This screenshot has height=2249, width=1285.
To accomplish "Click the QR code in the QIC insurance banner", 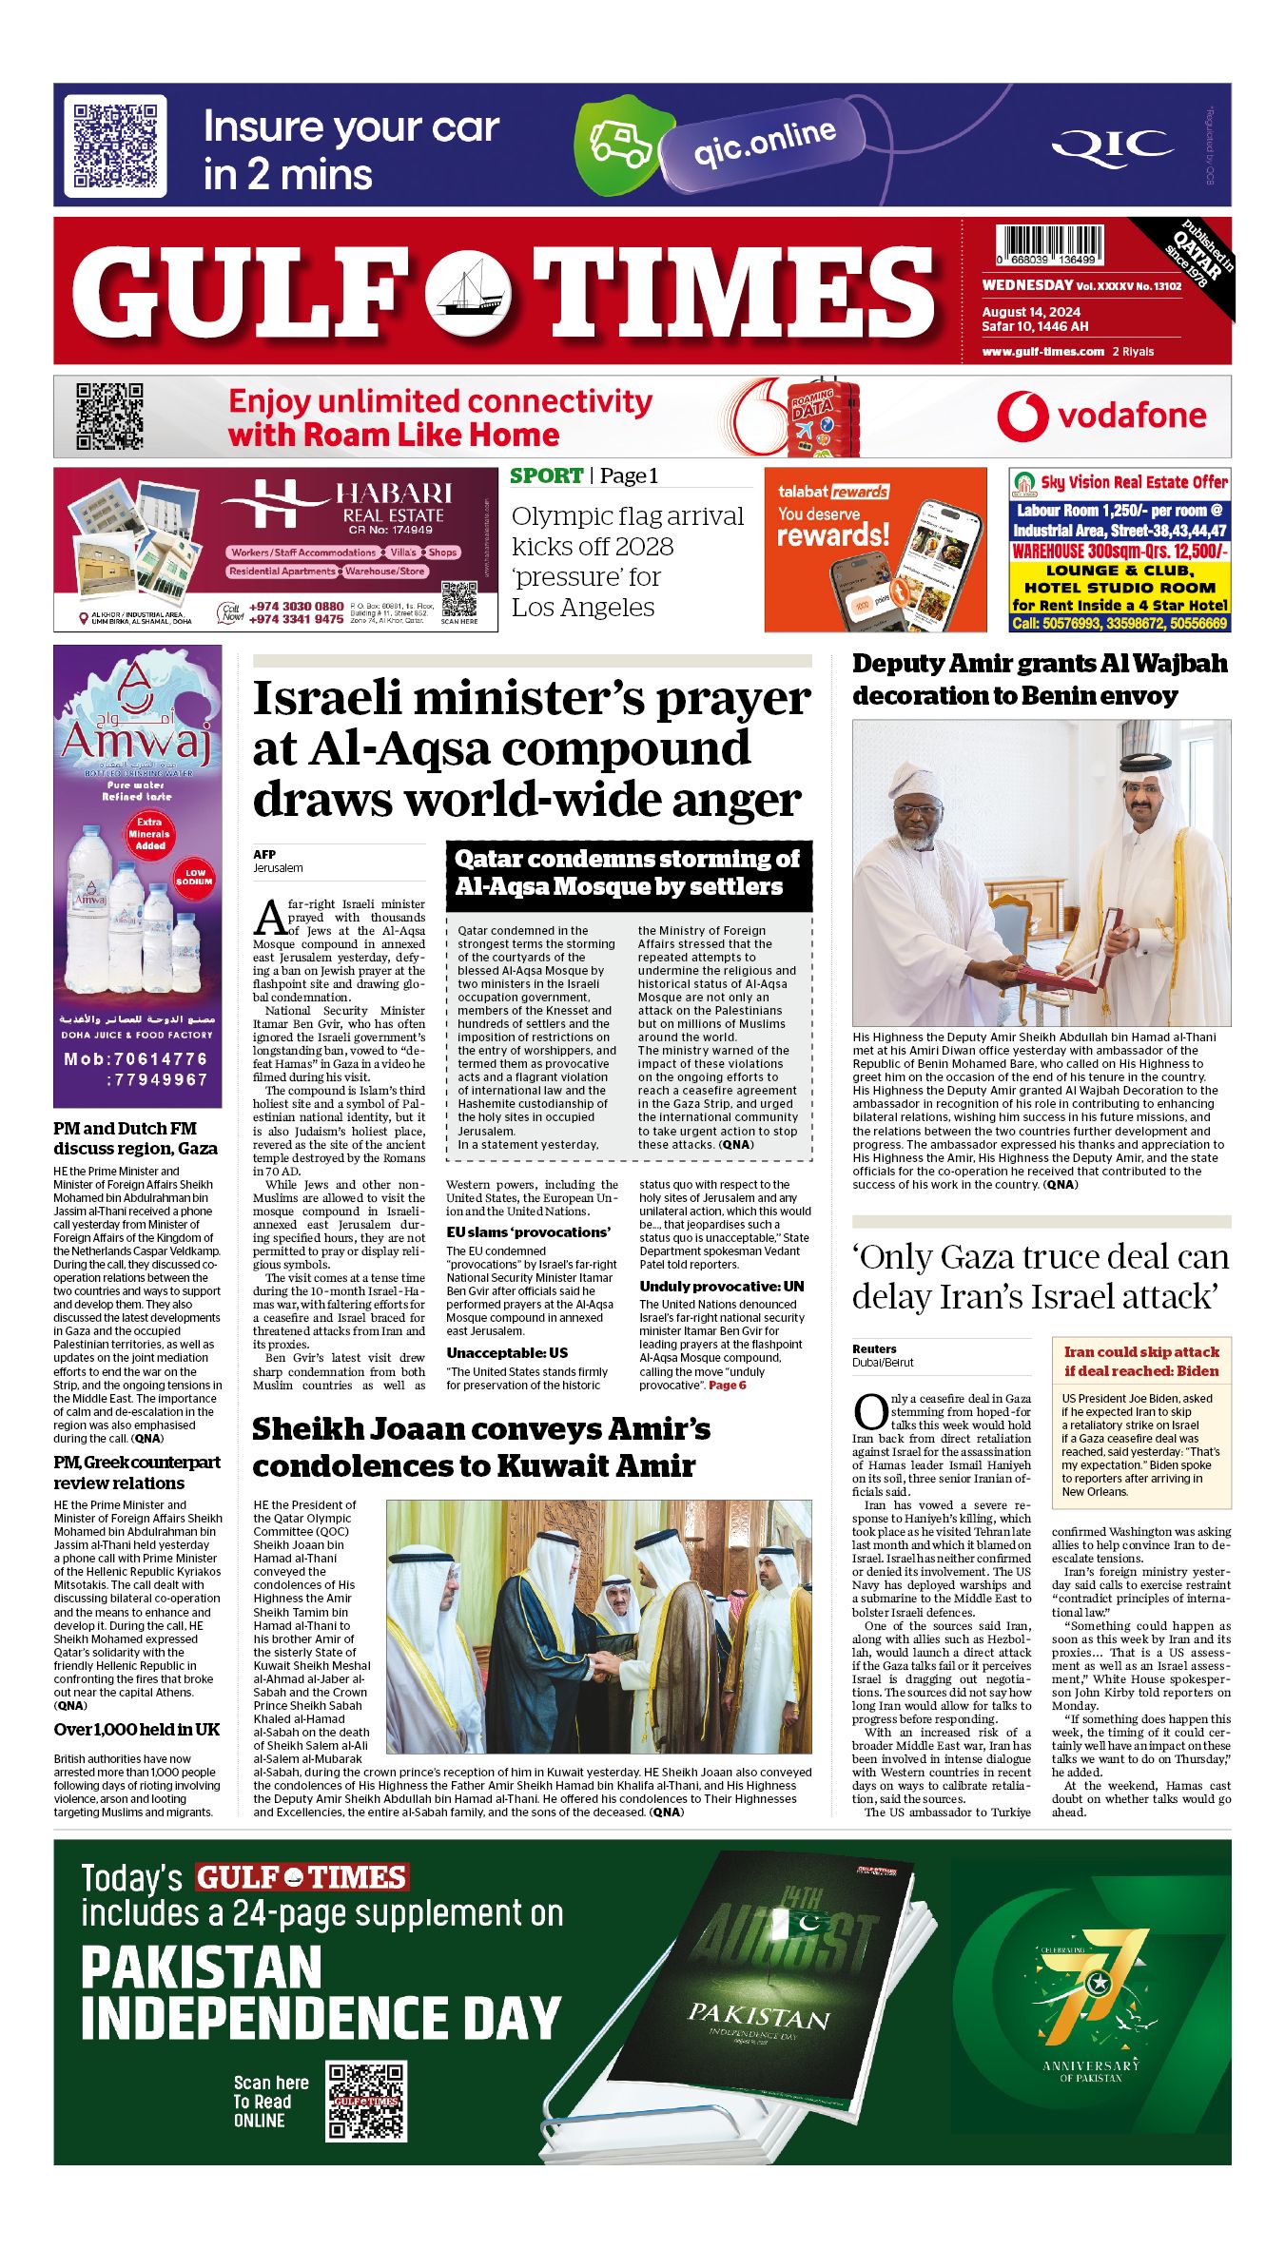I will (x=115, y=145).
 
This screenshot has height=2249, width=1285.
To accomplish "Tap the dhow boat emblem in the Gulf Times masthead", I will (x=467, y=291).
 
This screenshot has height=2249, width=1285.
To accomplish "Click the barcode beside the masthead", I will (x=1049, y=245).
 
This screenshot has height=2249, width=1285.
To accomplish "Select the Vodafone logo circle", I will (x=1022, y=417).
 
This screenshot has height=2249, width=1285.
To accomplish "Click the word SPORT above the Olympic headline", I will (x=547, y=475).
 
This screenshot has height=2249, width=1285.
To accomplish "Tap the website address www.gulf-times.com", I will (x=1042, y=352).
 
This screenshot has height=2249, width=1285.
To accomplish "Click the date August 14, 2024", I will (x=1031, y=312).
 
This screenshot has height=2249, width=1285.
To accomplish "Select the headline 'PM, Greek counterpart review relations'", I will (x=137, y=1472).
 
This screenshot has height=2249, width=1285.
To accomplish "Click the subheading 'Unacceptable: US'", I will (x=507, y=1352).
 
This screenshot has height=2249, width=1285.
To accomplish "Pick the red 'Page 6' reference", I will (x=728, y=1386).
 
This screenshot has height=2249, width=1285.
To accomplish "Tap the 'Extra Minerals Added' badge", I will (x=149, y=833).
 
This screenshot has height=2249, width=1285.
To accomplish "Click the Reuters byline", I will (x=874, y=1348).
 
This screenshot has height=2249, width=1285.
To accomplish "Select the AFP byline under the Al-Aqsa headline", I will (x=264, y=854).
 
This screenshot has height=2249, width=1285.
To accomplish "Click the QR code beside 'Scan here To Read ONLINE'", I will (x=366, y=2102).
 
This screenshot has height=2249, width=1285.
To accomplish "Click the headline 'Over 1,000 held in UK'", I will (x=137, y=1729).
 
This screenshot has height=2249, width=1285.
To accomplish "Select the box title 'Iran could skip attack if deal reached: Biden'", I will (x=1140, y=1361).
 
